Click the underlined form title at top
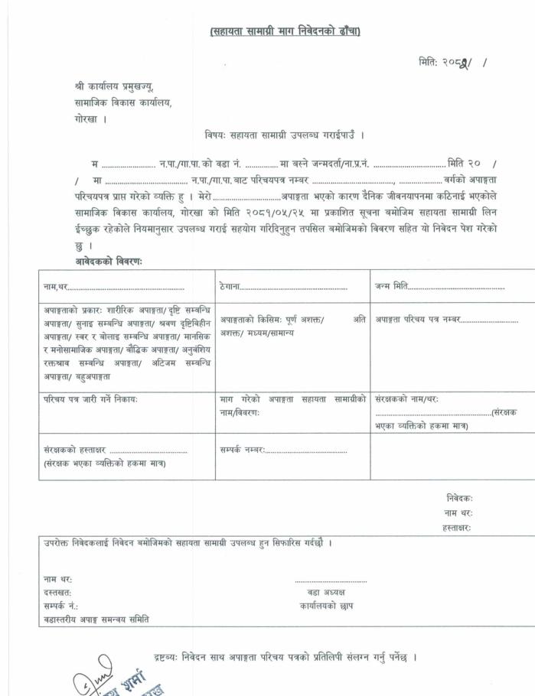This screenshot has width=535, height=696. [285, 31]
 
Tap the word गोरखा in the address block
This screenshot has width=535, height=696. [79, 119]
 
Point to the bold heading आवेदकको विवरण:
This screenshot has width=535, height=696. [109, 261]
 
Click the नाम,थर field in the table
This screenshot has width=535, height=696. [115, 288]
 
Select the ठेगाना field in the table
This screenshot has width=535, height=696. [283, 288]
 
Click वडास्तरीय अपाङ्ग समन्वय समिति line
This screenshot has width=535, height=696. [96, 619]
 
